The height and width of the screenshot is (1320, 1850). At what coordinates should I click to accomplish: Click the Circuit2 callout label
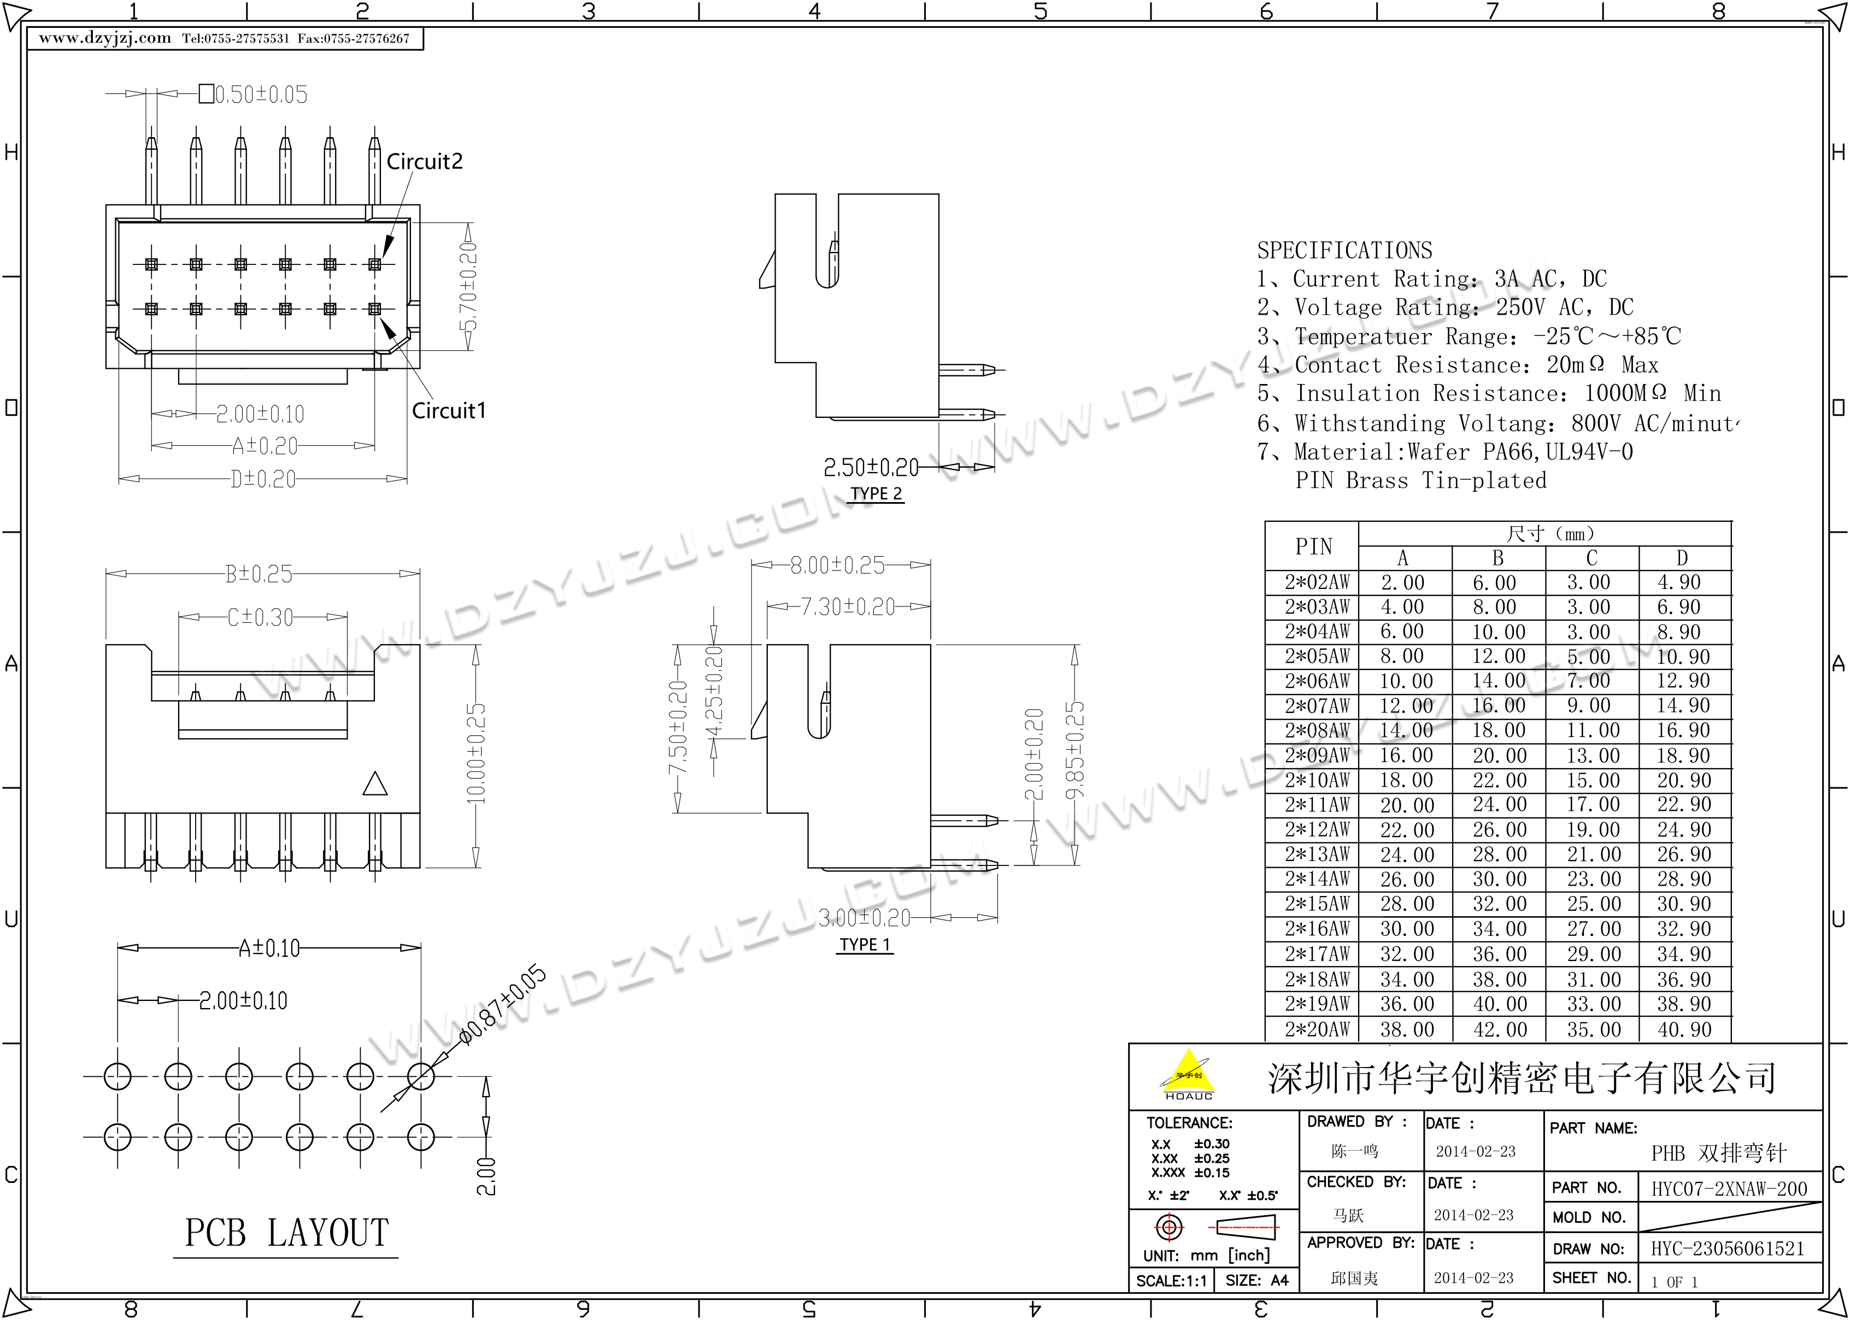pyautogui.click(x=424, y=161)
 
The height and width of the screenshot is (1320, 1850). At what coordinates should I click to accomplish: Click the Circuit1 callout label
pyautogui.click(x=449, y=410)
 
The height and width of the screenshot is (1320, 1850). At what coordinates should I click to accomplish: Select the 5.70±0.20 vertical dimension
pyautogui.click(x=469, y=286)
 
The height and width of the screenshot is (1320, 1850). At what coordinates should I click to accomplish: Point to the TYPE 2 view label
pyautogui.click(x=876, y=493)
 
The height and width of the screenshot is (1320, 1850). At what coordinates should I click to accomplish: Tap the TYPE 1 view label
pyautogui.click(x=865, y=945)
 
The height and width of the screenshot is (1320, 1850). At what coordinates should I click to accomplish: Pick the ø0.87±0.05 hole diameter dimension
pyautogui.click(x=502, y=1005)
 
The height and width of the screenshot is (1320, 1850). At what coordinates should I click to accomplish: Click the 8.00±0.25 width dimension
pyautogui.click(x=837, y=565)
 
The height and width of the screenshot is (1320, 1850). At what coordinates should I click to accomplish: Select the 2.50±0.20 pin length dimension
pyautogui.click(x=871, y=467)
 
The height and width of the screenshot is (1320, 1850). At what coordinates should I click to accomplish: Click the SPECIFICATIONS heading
pyautogui.click(x=1344, y=250)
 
